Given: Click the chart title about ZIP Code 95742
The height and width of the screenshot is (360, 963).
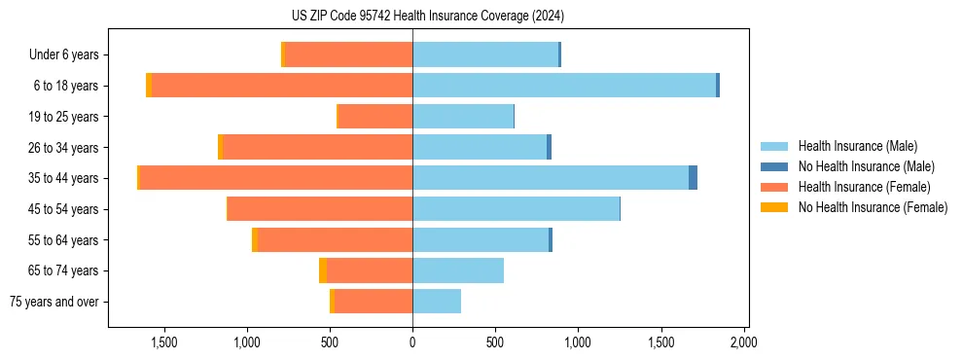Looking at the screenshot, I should point(427,17).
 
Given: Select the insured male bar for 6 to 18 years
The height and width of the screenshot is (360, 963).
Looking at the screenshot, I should point(564,86).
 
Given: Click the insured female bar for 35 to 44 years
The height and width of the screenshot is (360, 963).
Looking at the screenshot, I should point(276,178).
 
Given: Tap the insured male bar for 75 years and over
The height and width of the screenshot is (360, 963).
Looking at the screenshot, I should point(437,302).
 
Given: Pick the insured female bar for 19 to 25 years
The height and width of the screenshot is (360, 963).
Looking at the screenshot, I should point(375,117).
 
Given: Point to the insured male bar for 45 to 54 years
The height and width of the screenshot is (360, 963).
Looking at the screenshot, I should point(516,209).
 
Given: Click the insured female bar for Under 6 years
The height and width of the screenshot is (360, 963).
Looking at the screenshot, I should point(348,54).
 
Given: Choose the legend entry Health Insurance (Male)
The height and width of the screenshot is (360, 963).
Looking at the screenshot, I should point(856,147).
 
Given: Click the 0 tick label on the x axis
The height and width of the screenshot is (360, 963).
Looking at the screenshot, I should point(412,342).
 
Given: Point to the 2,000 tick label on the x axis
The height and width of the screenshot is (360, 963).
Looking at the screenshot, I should point(744,342).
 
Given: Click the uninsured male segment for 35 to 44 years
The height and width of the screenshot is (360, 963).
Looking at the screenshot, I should point(693,178).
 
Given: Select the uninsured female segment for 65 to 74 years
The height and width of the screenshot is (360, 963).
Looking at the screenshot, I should point(323,270).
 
